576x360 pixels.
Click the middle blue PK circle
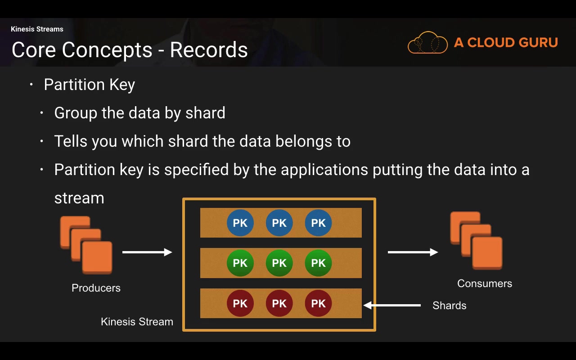(x=279, y=223)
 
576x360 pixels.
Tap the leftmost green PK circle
(x=240, y=263)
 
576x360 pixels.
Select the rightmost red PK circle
(x=318, y=303)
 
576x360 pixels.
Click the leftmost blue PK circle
(x=240, y=223)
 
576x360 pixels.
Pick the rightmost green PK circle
(x=318, y=263)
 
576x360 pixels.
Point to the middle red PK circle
(x=279, y=303)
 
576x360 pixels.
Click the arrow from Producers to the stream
(x=147, y=252)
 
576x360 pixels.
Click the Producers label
(x=96, y=288)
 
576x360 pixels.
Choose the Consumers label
(x=484, y=283)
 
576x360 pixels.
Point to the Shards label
(x=449, y=306)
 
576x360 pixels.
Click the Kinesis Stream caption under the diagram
(x=137, y=322)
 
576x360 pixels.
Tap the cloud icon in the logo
(x=427, y=43)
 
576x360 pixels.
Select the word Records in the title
(x=209, y=50)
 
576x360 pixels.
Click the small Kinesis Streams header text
(x=37, y=29)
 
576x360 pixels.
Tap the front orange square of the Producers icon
(x=97, y=257)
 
